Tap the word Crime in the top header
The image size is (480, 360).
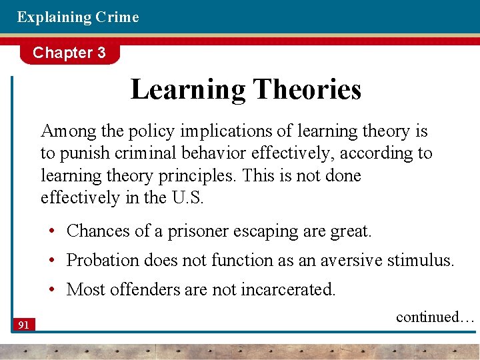[x=117, y=17]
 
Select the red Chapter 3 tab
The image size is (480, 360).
[x=69, y=53]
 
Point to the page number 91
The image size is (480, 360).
[x=23, y=325]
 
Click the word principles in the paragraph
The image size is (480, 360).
[x=198, y=176]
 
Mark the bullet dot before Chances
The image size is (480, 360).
[x=51, y=231]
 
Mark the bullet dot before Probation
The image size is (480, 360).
[x=51, y=261]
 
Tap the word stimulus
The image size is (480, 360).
[x=421, y=260]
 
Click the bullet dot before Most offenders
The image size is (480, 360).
[x=51, y=290]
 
